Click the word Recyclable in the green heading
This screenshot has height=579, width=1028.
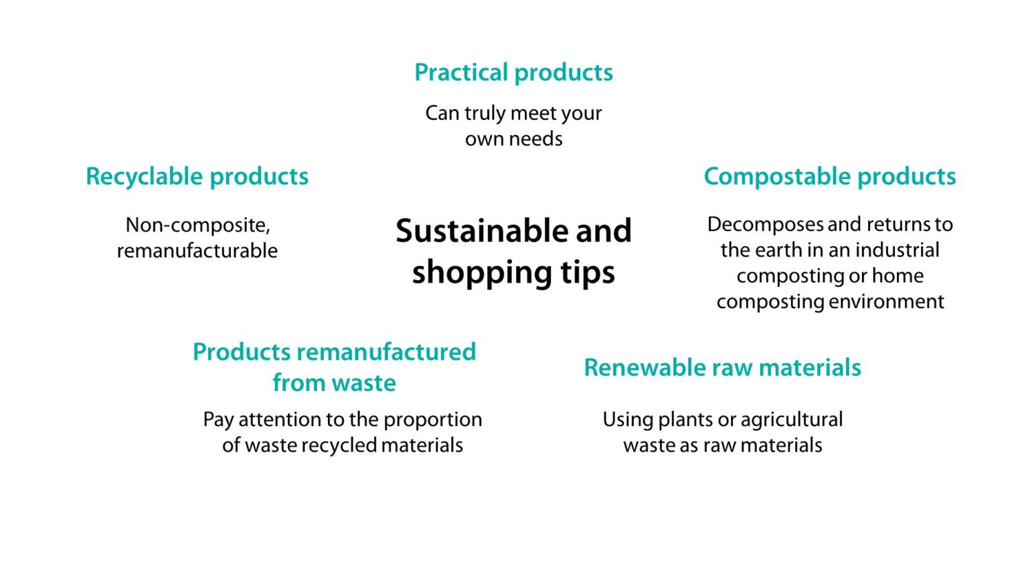(x=144, y=176)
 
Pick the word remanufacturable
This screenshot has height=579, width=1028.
(x=197, y=251)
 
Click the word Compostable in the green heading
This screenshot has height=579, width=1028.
(x=777, y=176)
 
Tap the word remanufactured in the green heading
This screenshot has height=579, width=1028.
(x=386, y=352)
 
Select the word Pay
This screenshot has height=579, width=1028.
(x=218, y=420)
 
